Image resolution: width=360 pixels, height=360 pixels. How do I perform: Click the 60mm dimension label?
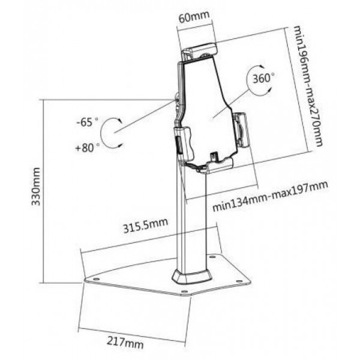[x=194, y=17]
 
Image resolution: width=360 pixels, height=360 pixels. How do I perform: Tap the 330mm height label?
[x=36, y=187]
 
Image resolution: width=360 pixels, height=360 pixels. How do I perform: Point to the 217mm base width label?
[x=125, y=343]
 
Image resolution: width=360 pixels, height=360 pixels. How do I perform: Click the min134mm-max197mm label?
[x=270, y=196]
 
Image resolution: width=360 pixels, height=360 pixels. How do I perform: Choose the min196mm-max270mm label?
[x=308, y=86]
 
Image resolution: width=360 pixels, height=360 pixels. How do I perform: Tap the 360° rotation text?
[x=263, y=78]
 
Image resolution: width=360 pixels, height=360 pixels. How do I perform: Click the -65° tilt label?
[x=87, y=122]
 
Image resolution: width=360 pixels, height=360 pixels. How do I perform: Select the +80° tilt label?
[x=88, y=148]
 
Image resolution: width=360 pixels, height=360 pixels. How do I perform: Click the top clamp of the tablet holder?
[x=200, y=52]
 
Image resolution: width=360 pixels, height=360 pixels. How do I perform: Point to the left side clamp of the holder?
[x=184, y=143]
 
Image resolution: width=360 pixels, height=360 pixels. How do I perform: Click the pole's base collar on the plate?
[x=192, y=277]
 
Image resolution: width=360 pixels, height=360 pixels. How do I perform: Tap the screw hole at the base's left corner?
[x=96, y=279]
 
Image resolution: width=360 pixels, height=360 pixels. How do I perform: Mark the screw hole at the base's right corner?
[x=239, y=281]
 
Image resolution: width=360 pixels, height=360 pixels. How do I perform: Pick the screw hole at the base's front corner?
[x=185, y=292]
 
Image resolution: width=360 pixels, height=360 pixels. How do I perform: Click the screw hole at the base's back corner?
[x=212, y=256]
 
